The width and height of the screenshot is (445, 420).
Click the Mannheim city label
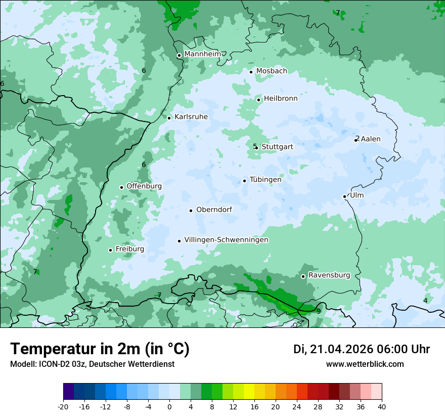pos(203,54)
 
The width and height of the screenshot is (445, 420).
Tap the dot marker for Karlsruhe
pos(169,118)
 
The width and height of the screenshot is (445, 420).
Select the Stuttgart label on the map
pos(277,147)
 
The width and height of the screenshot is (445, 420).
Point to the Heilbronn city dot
pos(258,100)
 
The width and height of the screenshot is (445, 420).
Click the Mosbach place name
pos(272,71)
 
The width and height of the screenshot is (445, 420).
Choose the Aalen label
pos(371,139)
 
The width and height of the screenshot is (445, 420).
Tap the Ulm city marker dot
pos(344,196)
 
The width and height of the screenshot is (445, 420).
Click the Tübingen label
pos(265,180)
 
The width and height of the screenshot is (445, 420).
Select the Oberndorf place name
pos(214,209)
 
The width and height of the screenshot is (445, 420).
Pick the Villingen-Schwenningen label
pos(226,240)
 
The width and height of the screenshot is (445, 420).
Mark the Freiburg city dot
pos(110,250)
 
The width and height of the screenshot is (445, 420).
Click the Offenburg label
pos(144,186)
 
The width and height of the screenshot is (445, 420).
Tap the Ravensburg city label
pos(329,275)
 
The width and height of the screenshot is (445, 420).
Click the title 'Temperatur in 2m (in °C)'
pos(100,349)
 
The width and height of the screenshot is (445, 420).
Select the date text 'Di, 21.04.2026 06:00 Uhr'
pos(362,349)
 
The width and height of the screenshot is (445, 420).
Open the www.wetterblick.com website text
pos(365,364)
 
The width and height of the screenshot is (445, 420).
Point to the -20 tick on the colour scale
pos(63,406)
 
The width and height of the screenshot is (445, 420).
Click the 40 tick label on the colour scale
pos(382,406)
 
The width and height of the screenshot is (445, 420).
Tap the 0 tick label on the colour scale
pos(169,406)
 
